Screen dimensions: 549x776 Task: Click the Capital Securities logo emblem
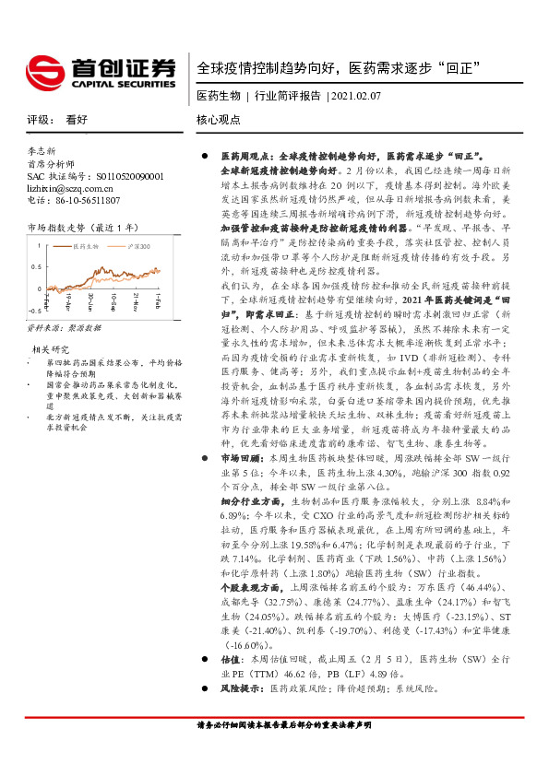(x=45, y=68)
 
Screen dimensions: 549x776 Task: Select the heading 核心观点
(x=219, y=120)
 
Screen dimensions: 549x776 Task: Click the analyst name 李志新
(x=42, y=150)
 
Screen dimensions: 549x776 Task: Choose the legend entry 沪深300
(x=138, y=247)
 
